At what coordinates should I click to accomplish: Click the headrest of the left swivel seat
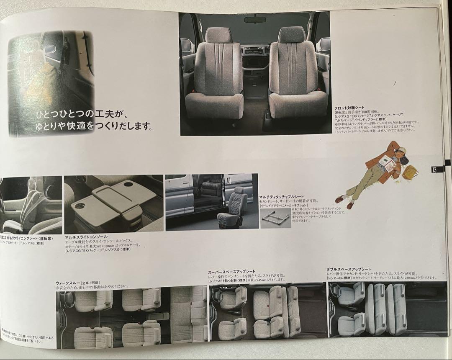tap(218, 35)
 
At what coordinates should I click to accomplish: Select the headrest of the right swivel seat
tap(292, 35)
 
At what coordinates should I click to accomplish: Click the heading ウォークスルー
tap(69, 283)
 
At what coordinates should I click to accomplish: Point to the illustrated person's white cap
tap(402, 150)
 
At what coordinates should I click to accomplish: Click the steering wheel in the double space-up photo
tap(335, 290)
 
